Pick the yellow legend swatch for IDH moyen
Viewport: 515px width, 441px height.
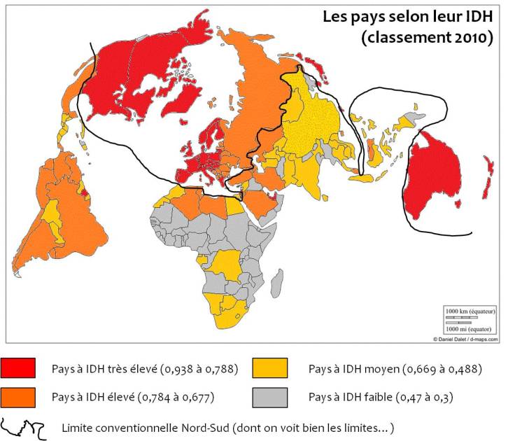270,368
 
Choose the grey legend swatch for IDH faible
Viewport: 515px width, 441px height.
270,397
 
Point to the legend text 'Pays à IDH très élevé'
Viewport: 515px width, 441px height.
105,369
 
